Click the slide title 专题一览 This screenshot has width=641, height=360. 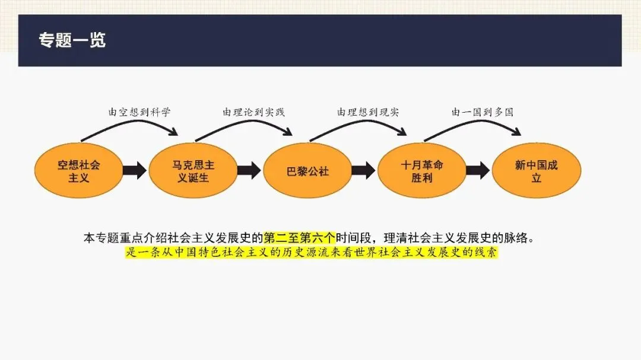[72, 40]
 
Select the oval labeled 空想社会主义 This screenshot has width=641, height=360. [78, 171]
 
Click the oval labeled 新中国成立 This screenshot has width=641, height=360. [537, 171]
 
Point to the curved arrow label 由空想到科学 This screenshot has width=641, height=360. [139, 112]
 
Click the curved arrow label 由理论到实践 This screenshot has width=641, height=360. [253, 112]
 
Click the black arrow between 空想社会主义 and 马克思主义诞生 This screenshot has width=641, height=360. [135, 171]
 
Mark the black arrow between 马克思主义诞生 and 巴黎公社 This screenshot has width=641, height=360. [249, 171]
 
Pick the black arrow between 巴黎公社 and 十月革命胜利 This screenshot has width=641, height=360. [363, 171]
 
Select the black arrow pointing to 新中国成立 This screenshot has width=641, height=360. [478, 171]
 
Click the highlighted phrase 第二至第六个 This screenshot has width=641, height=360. [300, 238]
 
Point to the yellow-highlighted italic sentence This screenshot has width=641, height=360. [311, 253]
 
